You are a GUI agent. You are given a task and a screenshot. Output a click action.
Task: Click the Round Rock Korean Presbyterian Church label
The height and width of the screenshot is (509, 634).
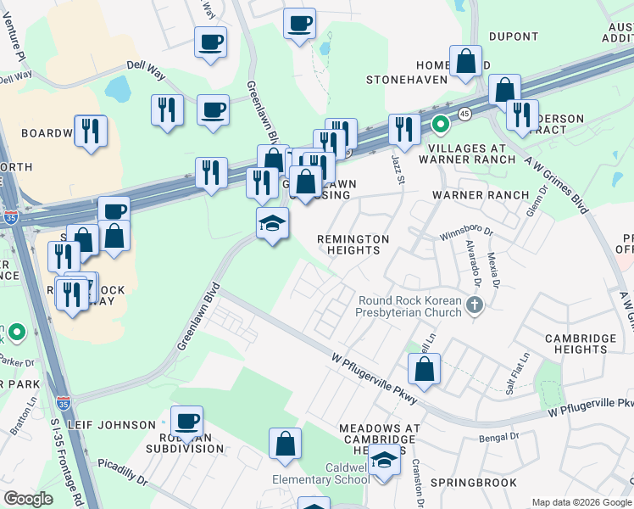tap(409, 307)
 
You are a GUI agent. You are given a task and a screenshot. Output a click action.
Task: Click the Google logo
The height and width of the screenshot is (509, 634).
tap(28, 499)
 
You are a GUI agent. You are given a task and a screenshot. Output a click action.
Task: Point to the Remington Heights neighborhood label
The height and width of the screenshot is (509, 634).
tap(353, 244)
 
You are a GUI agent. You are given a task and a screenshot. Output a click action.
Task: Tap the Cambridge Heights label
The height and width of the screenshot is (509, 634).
tap(581, 344)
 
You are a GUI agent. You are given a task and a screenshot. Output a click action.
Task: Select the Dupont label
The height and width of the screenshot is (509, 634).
tap(513, 36)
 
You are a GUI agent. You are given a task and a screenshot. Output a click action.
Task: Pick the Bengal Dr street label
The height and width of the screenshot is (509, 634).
tap(498, 437)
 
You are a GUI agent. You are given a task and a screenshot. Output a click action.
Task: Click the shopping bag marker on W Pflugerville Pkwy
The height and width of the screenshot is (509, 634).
tap(425, 369)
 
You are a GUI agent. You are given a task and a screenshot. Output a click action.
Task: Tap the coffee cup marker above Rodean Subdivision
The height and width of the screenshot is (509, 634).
tap(186, 421)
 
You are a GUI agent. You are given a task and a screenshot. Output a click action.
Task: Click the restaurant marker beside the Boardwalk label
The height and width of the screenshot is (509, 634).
tap(91, 131)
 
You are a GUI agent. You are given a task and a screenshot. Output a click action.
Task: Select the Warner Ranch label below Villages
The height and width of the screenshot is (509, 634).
tap(481, 195)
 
